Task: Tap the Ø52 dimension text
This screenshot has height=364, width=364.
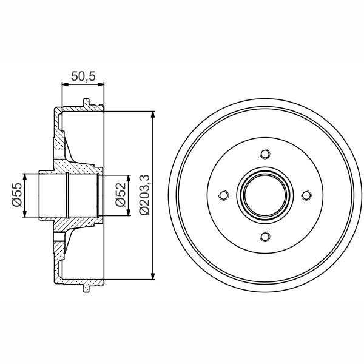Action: (121, 195)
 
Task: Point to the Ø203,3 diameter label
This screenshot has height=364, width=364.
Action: (144, 195)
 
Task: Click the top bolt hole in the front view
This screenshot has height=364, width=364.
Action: (265, 154)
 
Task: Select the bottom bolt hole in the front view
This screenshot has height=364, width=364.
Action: (265, 236)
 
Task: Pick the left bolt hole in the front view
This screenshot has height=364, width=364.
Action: (223, 195)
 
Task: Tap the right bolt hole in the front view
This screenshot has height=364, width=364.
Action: (306, 195)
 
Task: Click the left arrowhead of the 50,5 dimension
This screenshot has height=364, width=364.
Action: (65, 86)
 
